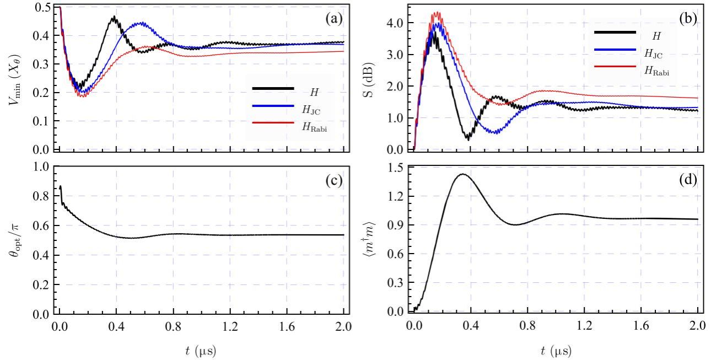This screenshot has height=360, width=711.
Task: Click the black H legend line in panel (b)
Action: coord(615,33)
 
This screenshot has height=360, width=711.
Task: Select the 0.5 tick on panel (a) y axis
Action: coord(42,7)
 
